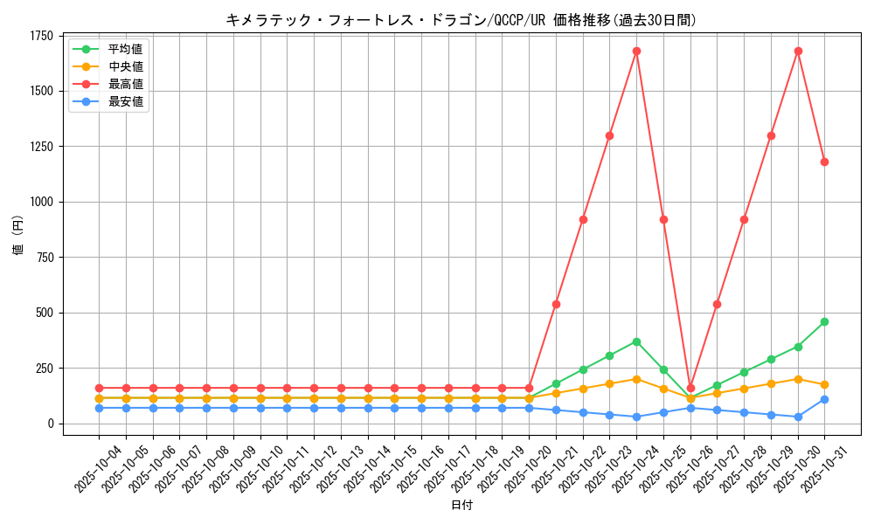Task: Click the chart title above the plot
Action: coord(461,20)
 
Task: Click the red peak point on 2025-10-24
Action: coord(636,51)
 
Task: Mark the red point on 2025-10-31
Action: coord(824,162)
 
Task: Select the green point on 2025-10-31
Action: coord(824,321)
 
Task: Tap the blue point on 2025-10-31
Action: coord(824,399)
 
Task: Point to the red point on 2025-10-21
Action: coord(556,304)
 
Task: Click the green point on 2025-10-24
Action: coord(636,341)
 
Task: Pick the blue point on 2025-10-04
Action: coord(99,408)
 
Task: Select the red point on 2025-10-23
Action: coord(609,135)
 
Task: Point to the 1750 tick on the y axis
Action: coord(41,36)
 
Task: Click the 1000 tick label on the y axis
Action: coord(41,202)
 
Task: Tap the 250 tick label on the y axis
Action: coord(44,369)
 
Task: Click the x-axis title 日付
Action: coord(461,506)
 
